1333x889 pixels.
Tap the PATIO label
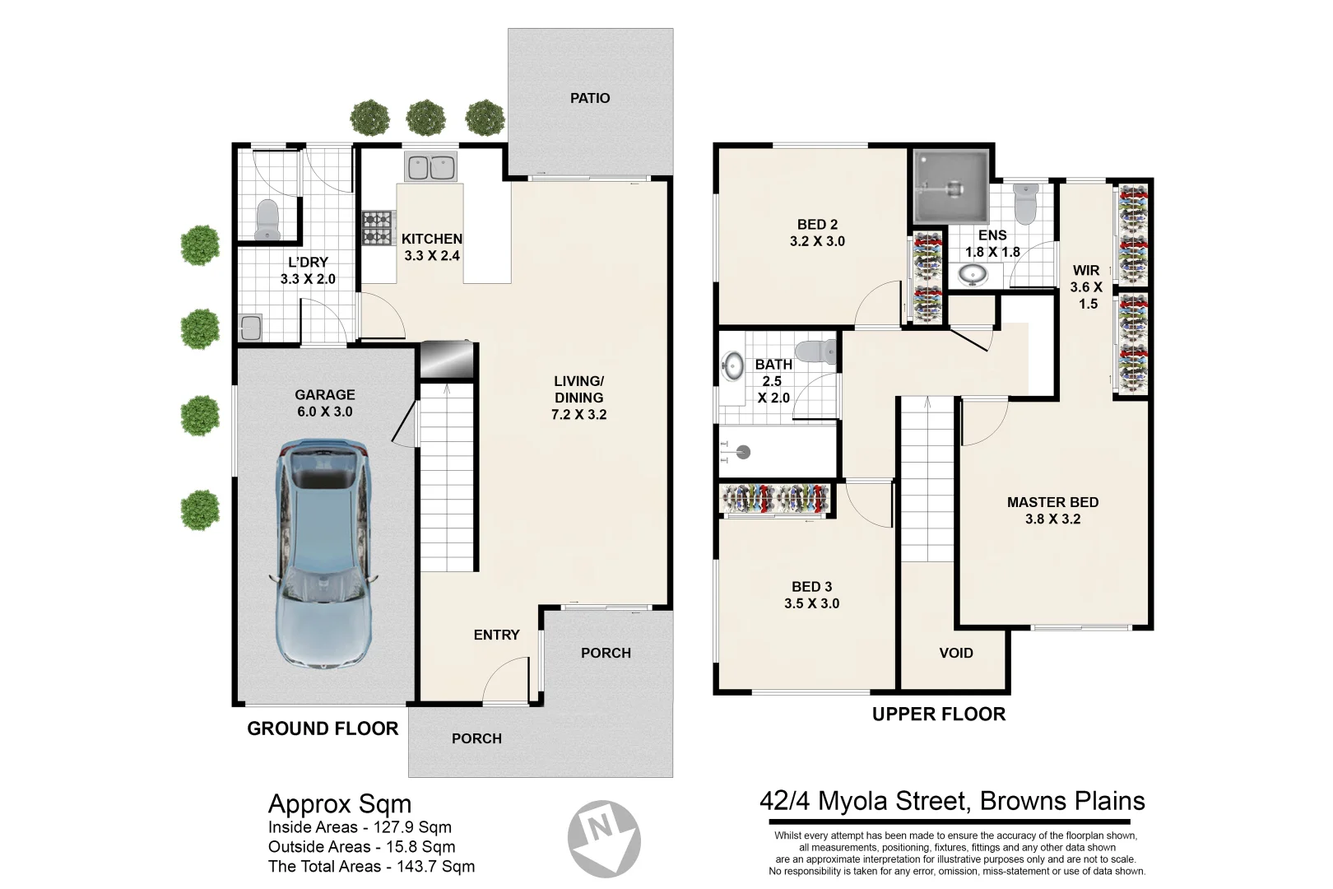[590, 98]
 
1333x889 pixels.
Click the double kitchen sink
[430, 167]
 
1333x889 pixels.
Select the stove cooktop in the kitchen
[378, 228]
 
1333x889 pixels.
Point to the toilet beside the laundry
[267, 220]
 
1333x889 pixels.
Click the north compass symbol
[604, 837]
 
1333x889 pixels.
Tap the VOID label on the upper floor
[955, 653]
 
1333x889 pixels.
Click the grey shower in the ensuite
[950, 187]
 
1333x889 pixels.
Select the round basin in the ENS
[973, 273]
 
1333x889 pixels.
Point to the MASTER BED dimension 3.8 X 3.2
[1052, 519]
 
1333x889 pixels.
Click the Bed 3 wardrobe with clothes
[775, 499]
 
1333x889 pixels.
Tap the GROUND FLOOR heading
[323, 728]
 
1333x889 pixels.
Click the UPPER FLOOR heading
[938, 714]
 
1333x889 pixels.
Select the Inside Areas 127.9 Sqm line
[360, 827]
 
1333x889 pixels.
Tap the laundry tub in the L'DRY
[250, 328]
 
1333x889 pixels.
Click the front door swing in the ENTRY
[505, 682]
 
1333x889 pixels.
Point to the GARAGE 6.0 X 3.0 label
[324, 403]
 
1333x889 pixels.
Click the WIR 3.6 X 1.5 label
[1086, 286]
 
